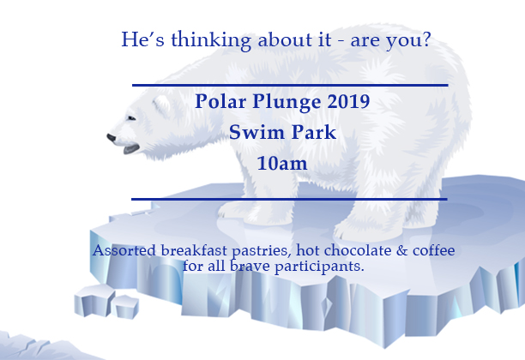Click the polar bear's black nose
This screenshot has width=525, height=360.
pos(112,138)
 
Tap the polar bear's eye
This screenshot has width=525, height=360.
pos(131,118)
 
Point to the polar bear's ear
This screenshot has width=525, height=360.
pos(162,105)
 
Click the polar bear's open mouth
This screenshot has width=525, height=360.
pos(131,149)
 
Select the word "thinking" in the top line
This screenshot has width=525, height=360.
pos(211,40)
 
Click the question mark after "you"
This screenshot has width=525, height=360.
pos(426,39)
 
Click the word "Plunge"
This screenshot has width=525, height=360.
pos(287,102)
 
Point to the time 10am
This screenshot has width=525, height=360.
pos(282,164)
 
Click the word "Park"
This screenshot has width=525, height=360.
pos(313,132)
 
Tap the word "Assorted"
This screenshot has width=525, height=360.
pos(124,250)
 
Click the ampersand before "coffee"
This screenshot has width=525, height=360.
pos(401,250)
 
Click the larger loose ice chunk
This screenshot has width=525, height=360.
pos(94,301)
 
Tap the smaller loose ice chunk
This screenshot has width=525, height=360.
pos(125,307)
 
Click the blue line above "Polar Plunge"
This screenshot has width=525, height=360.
pos(290,86)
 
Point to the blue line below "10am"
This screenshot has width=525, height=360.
pos(289,199)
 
